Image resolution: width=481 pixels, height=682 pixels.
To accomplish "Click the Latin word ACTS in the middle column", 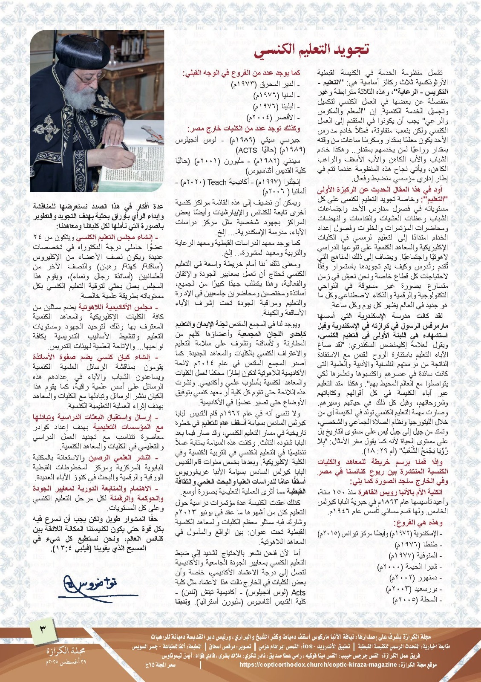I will [x=247, y=150].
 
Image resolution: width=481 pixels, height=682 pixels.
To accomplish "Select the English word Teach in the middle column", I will [x=217, y=182].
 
